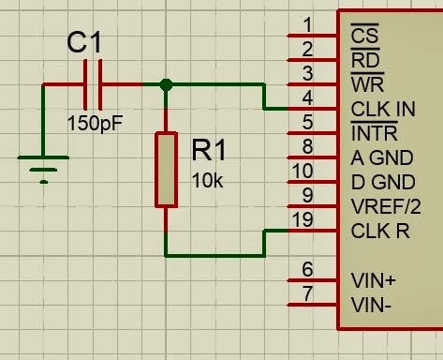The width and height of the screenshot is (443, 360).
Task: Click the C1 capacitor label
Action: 89,43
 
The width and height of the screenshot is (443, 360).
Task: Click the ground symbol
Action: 42,172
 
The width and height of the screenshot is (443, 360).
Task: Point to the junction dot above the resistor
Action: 166,84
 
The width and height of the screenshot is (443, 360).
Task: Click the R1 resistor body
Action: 166,170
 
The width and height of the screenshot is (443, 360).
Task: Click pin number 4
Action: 307,97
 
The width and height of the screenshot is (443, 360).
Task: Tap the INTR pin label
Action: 374,135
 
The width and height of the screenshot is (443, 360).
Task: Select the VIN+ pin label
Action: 373,279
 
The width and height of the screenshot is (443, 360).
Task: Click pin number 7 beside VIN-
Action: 307,295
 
